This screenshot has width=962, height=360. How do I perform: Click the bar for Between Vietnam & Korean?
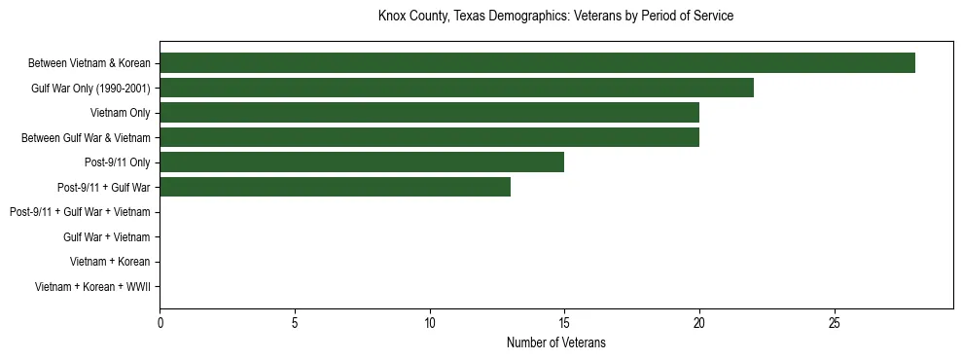click(x=537, y=63)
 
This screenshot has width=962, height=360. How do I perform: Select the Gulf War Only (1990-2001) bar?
click(x=456, y=89)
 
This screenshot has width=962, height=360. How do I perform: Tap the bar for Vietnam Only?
click(x=429, y=113)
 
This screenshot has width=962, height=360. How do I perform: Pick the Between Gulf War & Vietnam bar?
click(x=429, y=138)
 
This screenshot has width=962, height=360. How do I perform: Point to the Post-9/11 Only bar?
click(x=362, y=162)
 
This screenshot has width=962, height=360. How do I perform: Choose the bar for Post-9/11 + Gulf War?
click(x=335, y=188)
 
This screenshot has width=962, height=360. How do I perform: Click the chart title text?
click(x=555, y=17)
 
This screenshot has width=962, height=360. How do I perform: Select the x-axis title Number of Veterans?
click(x=555, y=342)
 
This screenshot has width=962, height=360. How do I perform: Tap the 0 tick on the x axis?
click(x=160, y=322)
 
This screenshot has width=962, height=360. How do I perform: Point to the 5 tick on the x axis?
click(x=295, y=322)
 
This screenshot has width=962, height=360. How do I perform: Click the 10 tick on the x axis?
click(x=430, y=322)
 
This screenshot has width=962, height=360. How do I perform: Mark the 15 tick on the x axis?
click(x=564, y=322)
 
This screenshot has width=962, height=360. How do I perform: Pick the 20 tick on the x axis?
click(x=699, y=322)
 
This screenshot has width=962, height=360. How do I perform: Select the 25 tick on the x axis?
click(x=834, y=322)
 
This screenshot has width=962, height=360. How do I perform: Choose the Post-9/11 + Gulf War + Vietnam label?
click(x=80, y=212)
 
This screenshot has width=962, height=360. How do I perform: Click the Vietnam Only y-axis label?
click(x=120, y=113)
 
